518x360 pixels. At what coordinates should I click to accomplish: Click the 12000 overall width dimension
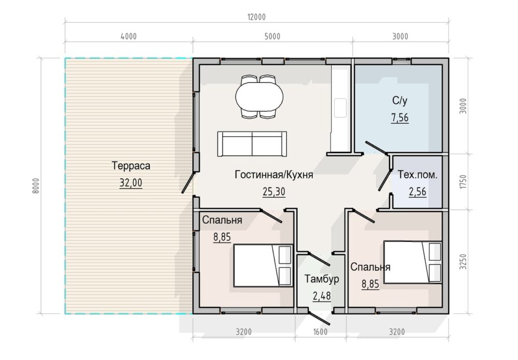[256, 17]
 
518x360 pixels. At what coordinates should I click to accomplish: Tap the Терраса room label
[131, 165]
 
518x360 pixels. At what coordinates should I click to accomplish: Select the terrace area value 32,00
[131, 183]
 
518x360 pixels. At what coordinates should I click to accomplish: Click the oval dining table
[260, 97]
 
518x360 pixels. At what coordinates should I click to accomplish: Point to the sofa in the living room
[252, 143]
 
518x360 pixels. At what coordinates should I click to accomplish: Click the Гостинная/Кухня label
[274, 175]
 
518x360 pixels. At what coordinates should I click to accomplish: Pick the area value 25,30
[274, 192]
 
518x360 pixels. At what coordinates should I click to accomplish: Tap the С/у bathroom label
[400, 100]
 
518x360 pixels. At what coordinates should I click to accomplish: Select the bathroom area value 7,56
[400, 118]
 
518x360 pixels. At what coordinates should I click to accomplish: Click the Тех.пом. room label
[418, 175]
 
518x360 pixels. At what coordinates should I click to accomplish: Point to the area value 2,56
[418, 192]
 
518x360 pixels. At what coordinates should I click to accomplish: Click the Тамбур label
[322, 279]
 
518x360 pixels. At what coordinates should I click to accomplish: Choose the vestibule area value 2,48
[322, 296]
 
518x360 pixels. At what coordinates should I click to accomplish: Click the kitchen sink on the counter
[340, 108]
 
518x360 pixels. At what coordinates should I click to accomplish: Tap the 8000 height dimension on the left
[36, 185]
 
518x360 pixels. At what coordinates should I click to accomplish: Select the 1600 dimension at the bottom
[320, 332]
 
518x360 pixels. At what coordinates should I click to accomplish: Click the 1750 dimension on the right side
[463, 182]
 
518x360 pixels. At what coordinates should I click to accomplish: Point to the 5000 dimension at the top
[272, 36]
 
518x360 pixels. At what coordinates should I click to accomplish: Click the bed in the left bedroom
[263, 266]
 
